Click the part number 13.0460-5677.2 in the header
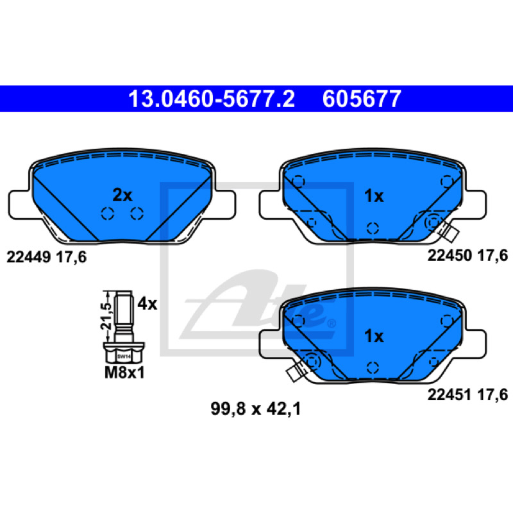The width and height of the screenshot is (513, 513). coord(212,99)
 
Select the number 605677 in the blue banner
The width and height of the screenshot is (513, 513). coord(362,99)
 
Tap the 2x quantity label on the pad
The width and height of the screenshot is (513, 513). coord(122,196)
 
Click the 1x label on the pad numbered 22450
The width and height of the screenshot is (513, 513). coord(374,196)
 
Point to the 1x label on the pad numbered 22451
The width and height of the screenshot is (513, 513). coord(374,335)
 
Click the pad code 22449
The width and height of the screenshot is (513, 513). coord(28,257)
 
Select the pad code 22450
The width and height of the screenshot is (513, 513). coord(450,255)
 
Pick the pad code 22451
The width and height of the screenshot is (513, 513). coord(450,394)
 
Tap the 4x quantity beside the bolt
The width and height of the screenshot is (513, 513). coord(147,304)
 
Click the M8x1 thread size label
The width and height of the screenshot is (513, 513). coord(124,373)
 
